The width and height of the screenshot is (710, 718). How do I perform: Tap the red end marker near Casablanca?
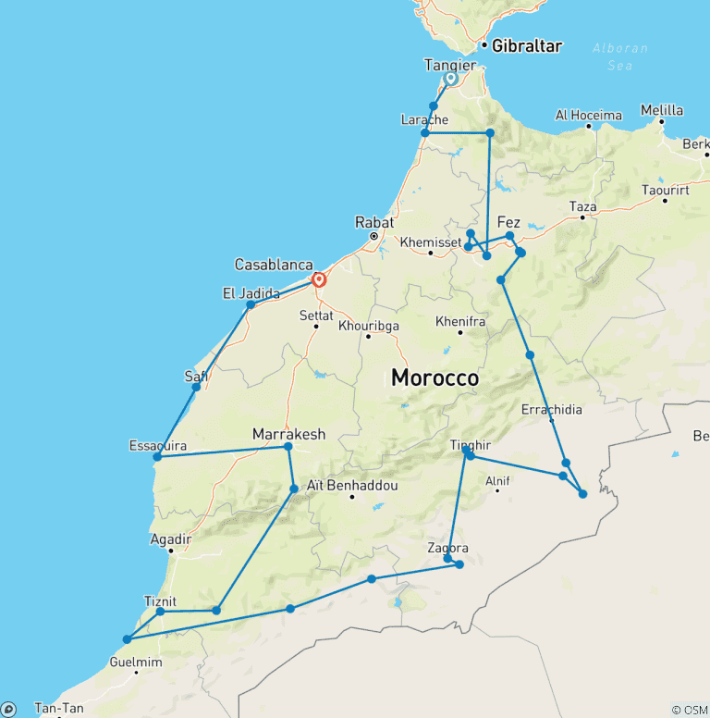[319, 279]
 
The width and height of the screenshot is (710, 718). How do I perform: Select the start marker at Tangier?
[450, 79]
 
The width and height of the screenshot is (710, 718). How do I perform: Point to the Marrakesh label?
[288, 433]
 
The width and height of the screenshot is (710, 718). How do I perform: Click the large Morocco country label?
[435, 378]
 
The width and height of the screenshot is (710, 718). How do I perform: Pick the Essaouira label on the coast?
[157, 445]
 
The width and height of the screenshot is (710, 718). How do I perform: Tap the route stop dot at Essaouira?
[157, 457]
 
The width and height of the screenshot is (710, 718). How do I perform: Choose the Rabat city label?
[374, 222]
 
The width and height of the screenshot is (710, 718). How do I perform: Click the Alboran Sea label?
[620, 56]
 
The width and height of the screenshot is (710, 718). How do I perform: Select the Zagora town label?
[447, 548]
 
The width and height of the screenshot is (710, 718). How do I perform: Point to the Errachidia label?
[552, 408]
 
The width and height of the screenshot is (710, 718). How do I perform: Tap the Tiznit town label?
[160, 600]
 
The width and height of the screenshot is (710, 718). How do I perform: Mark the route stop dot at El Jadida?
[251, 304]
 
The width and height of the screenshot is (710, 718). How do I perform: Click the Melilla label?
[662, 110]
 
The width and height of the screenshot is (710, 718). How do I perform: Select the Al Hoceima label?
[588, 116]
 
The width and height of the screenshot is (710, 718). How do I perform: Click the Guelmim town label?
[135, 662]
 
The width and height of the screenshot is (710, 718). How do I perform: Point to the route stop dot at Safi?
[196, 387]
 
